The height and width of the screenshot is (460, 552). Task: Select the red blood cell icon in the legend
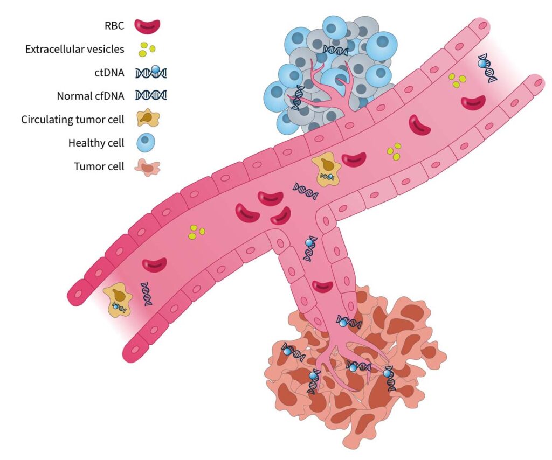point(148,25)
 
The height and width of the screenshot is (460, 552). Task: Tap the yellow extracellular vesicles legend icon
point(147,50)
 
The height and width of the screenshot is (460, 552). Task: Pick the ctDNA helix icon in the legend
point(151,72)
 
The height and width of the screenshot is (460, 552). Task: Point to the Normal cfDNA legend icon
point(151,96)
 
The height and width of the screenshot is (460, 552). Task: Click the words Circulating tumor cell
point(73,120)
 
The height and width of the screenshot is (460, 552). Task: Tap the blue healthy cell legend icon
point(146,143)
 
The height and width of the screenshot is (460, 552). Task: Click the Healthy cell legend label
point(96,143)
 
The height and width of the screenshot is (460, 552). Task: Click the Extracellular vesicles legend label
point(74,49)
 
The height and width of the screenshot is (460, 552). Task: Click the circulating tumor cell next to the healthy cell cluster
point(326,169)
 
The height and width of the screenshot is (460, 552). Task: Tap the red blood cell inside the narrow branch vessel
point(323,287)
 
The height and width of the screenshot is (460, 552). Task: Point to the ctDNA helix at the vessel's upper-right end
point(487,69)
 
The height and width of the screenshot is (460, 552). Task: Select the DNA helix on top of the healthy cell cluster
point(335,51)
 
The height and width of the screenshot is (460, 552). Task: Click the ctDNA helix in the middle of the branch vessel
point(310,248)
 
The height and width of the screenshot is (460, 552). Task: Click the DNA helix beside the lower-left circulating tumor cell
point(146,294)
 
